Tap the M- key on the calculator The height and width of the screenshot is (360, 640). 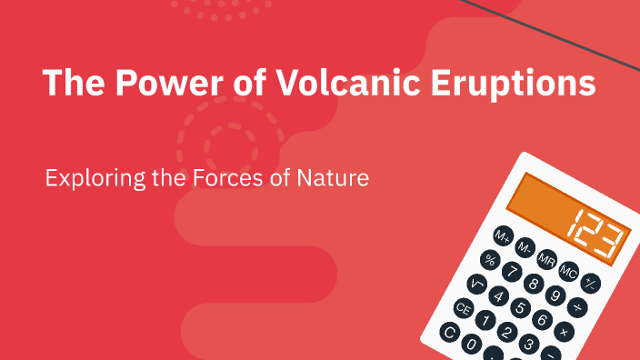[525, 247]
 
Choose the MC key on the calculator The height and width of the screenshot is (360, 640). [569, 270]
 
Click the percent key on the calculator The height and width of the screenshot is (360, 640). [490, 260]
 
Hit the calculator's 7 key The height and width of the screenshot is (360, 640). [512, 271]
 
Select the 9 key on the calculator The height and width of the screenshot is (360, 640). [555, 294]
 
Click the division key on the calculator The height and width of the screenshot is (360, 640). [576, 306]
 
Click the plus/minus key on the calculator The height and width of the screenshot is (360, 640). [590, 282]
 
